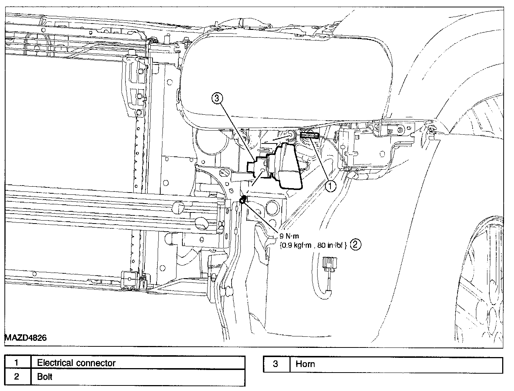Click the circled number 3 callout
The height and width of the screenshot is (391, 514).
[x=217, y=98]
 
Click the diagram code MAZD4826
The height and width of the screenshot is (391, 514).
[x=25, y=338]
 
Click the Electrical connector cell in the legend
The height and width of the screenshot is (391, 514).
[x=76, y=363]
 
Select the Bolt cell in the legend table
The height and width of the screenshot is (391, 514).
[x=45, y=377]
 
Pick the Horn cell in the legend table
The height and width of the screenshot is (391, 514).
[x=305, y=364]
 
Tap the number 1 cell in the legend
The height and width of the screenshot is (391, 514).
[x=16, y=363]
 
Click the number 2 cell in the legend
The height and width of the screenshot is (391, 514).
[x=16, y=377]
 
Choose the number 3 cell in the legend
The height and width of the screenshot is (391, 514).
[x=275, y=364]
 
